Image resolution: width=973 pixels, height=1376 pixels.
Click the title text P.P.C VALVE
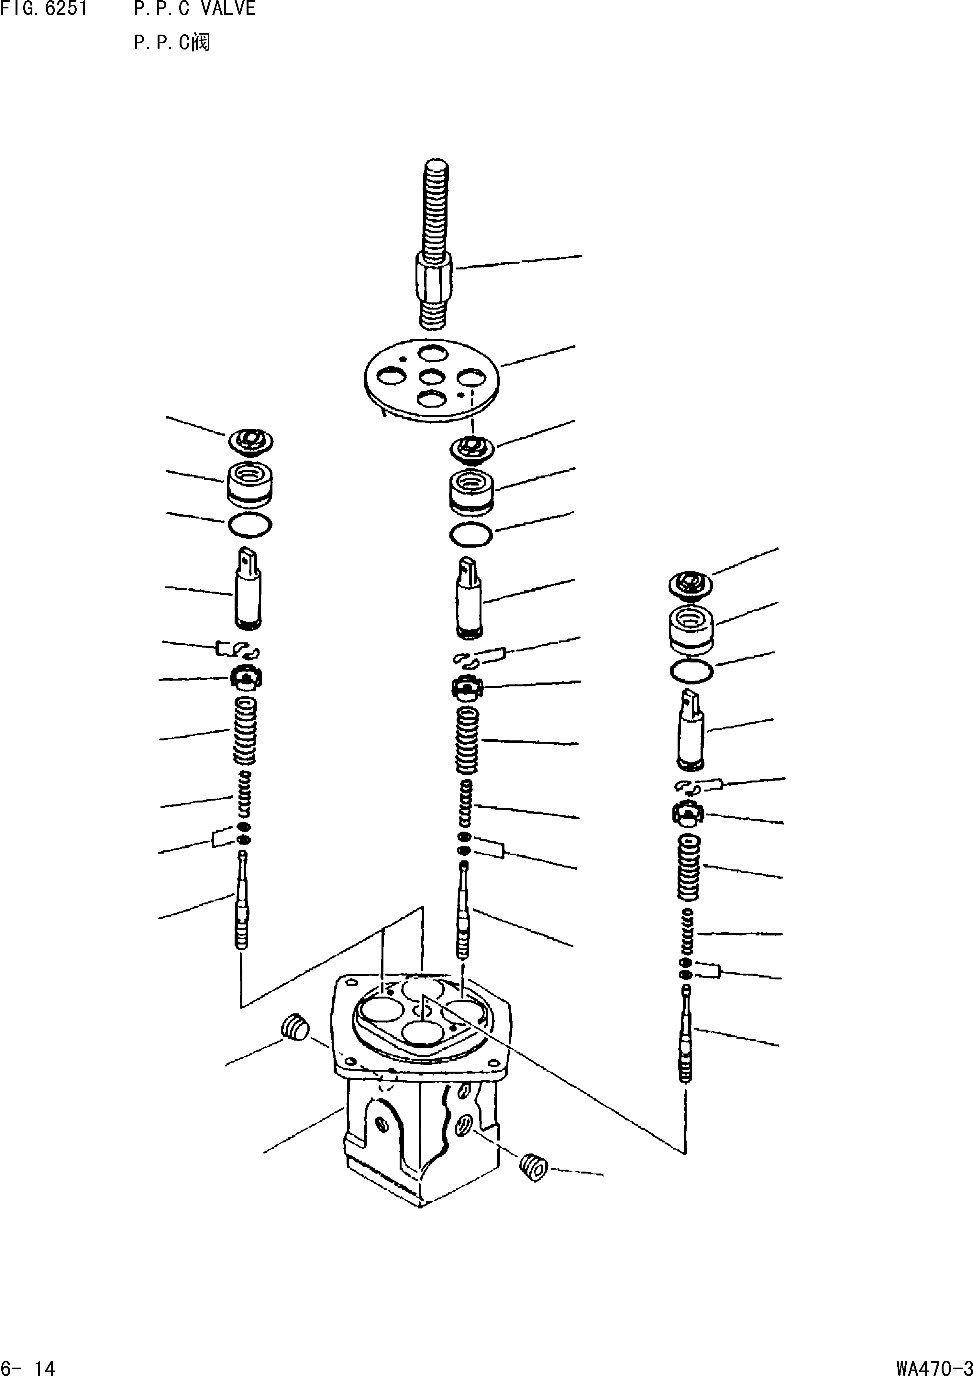[x=195, y=9]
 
